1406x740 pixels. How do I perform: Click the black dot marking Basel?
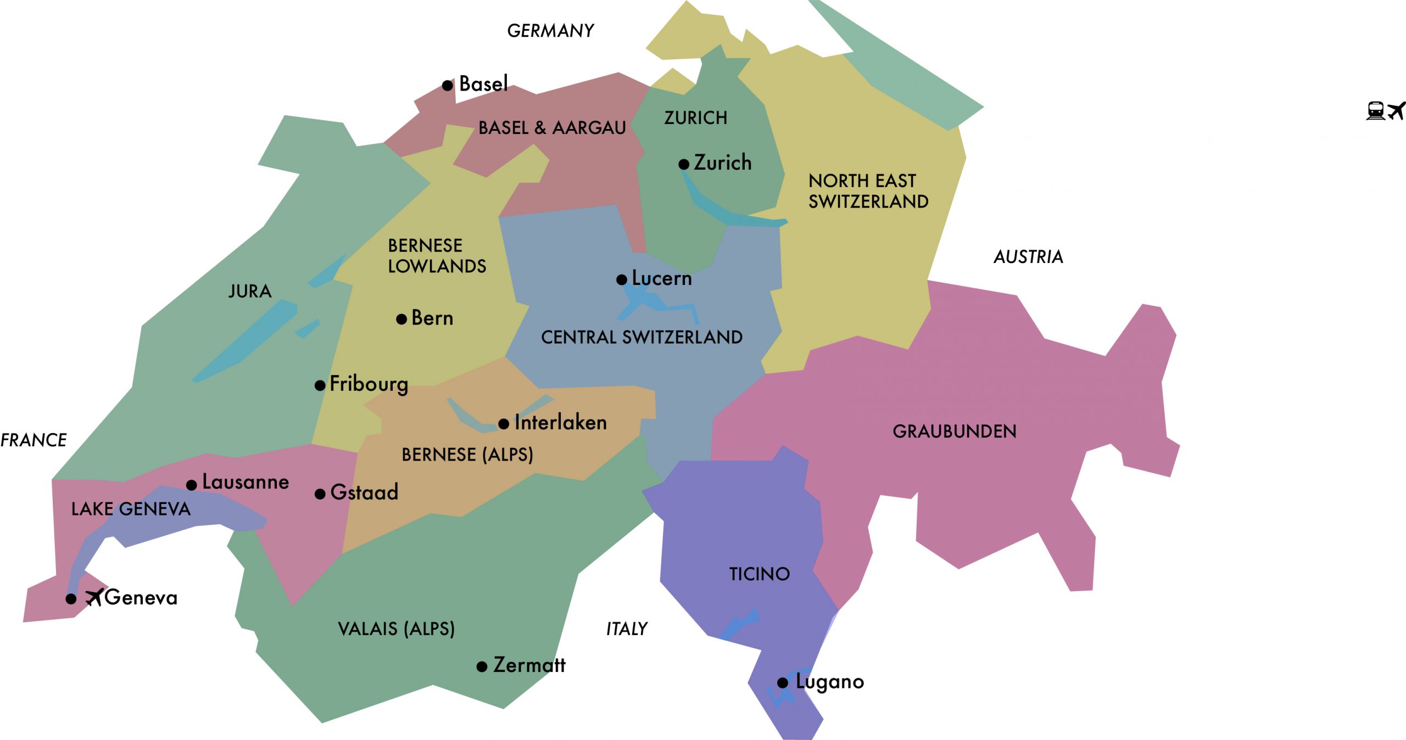tap(448, 86)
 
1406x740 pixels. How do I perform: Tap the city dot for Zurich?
tap(684, 164)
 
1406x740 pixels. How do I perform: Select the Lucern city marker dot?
tap(622, 280)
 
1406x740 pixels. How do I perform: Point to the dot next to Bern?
tap(401, 319)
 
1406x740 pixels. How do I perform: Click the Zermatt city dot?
tap(482, 667)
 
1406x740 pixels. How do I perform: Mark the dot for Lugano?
tap(783, 683)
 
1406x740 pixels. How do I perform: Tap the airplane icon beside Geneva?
tap(94, 597)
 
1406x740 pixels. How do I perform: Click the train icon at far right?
tap(1375, 110)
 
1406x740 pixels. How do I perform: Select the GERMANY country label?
tap(550, 31)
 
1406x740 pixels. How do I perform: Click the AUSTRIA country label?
tap(1028, 257)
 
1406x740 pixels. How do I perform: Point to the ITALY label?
tap(627, 629)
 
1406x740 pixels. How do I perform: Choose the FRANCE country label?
tap(34, 440)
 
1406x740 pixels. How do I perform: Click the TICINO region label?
tap(759, 574)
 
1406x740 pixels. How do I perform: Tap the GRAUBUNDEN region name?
tap(955, 431)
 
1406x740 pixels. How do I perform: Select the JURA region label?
tap(250, 291)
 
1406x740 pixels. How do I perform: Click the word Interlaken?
tap(561, 423)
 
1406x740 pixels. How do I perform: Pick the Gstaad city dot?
tap(320, 494)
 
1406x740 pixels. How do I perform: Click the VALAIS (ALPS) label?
tap(397, 629)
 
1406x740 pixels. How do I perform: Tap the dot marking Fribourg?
tap(320, 385)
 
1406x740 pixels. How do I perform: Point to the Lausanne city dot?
tap(191, 485)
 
